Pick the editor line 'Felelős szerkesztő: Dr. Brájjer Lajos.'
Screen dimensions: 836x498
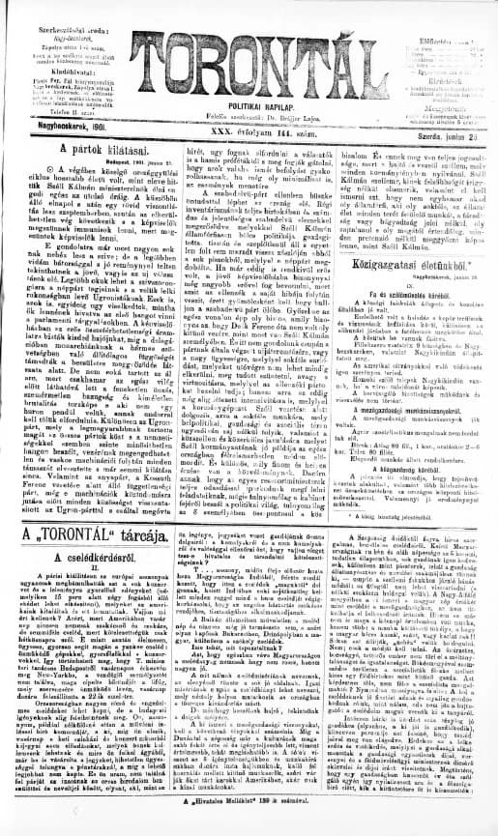pos(249,110)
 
